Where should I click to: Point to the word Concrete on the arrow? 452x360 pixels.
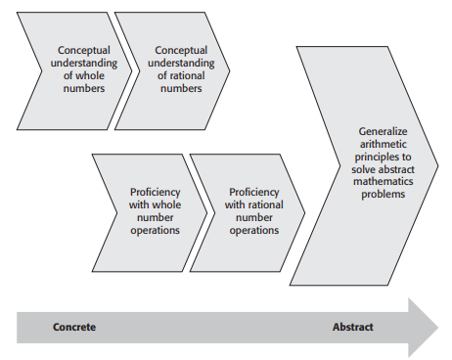[74, 327]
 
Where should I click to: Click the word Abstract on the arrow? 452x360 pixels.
[352, 327]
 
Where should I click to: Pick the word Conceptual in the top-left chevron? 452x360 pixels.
[84, 50]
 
